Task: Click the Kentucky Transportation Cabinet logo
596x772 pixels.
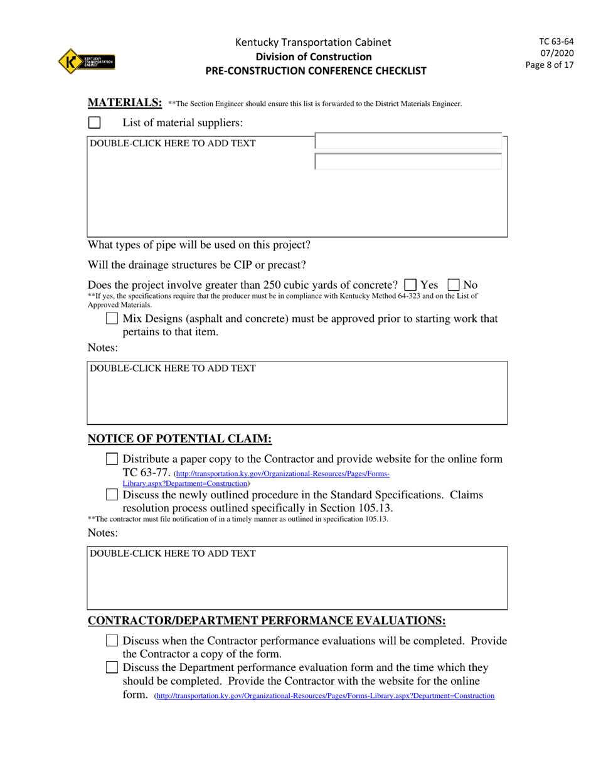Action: click(x=87, y=62)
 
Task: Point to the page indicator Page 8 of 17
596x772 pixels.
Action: click(x=550, y=65)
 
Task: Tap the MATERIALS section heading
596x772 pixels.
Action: click(x=125, y=103)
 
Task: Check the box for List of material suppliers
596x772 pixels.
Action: click(x=94, y=122)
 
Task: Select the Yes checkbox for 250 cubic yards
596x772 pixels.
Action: click(x=411, y=285)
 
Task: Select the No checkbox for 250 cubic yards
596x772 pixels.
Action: click(x=454, y=285)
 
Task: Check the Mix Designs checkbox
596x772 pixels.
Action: click(x=112, y=319)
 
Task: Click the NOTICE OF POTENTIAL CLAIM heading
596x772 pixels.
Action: click(x=179, y=439)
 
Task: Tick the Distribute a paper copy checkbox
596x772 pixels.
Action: click(x=112, y=459)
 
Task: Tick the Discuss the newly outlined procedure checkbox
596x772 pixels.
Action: click(x=112, y=495)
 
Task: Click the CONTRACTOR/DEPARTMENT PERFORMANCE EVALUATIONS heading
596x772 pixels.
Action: click(x=267, y=621)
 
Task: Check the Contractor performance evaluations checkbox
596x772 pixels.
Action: click(x=112, y=641)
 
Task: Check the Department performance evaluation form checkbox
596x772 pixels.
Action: click(x=112, y=667)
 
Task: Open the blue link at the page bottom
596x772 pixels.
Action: click(x=325, y=696)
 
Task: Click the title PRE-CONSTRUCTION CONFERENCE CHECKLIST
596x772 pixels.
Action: click(x=316, y=71)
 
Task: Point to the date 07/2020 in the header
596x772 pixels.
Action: click(x=556, y=53)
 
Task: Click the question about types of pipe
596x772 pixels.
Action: click(x=199, y=244)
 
